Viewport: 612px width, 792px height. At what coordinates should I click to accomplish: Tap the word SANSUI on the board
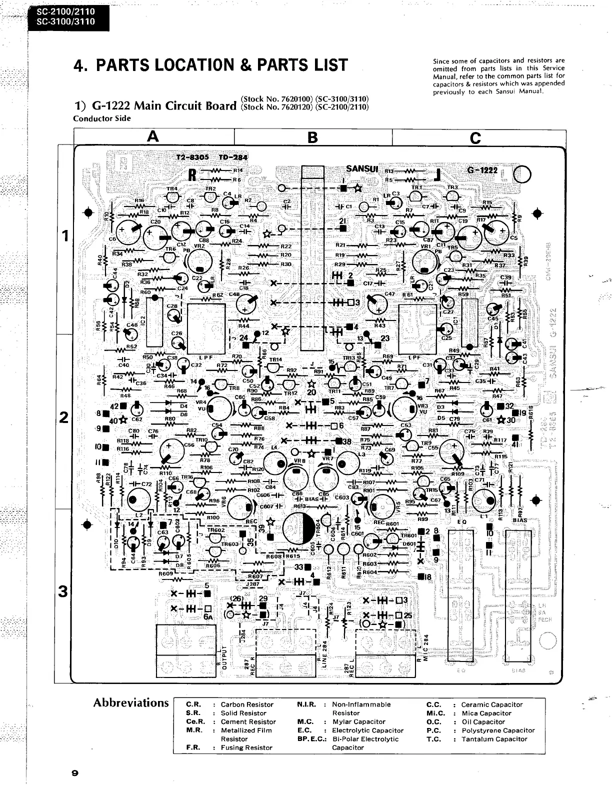point(362,168)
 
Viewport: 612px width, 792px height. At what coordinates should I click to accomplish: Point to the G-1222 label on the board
point(482,170)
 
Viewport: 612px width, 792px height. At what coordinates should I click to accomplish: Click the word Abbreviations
point(131,703)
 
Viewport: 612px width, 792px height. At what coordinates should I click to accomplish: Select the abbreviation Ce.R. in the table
point(195,721)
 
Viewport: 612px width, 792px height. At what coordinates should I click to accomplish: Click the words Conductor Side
point(102,118)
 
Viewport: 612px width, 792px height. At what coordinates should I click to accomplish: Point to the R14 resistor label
point(238,170)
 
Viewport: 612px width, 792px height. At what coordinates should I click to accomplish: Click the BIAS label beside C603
point(312,498)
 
